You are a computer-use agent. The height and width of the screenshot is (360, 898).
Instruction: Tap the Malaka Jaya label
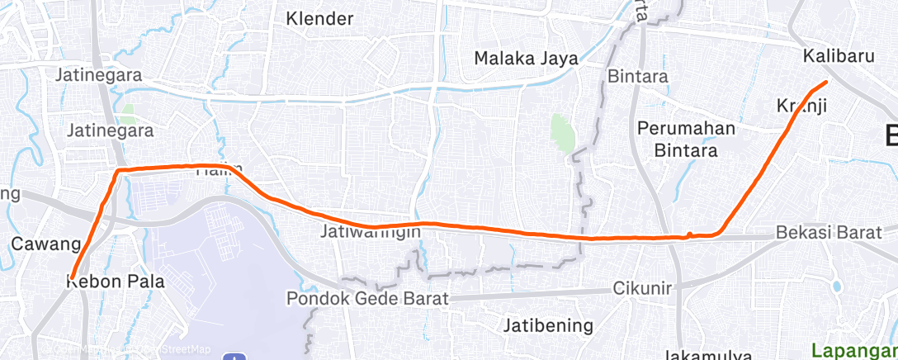[524, 58]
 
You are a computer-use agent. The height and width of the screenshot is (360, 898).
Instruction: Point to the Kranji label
[801, 105]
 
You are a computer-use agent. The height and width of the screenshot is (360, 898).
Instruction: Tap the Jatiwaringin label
[371, 232]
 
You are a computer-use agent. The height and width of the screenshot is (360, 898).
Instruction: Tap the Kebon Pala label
[115, 282]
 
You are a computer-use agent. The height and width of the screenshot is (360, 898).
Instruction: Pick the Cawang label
[45, 244]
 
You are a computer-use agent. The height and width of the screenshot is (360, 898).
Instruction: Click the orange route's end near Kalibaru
[826, 81]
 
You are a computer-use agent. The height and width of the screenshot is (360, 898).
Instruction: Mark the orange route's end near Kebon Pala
[72, 277]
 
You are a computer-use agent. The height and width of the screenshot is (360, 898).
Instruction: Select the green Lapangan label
[853, 348]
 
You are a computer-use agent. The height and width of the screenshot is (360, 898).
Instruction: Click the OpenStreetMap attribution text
[165, 349]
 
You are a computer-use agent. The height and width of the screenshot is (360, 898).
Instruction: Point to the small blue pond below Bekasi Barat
[836, 287]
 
